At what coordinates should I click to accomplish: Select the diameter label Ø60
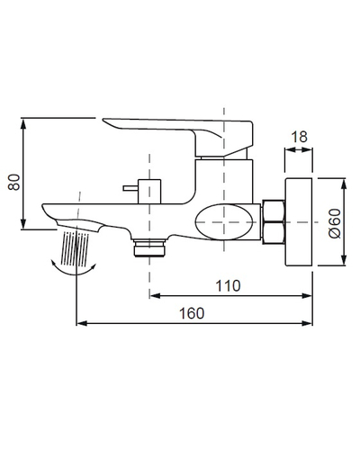(x=335, y=220)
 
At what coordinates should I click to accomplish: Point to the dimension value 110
(x=229, y=285)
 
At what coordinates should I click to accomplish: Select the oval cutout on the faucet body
(x=227, y=220)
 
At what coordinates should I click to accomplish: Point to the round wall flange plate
(x=298, y=221)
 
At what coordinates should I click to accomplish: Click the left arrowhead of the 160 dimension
(x=82, y=322)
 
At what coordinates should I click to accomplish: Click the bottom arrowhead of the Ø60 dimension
(x=346, y=262)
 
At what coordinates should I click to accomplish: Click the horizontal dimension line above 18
(x=297, y=148)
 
